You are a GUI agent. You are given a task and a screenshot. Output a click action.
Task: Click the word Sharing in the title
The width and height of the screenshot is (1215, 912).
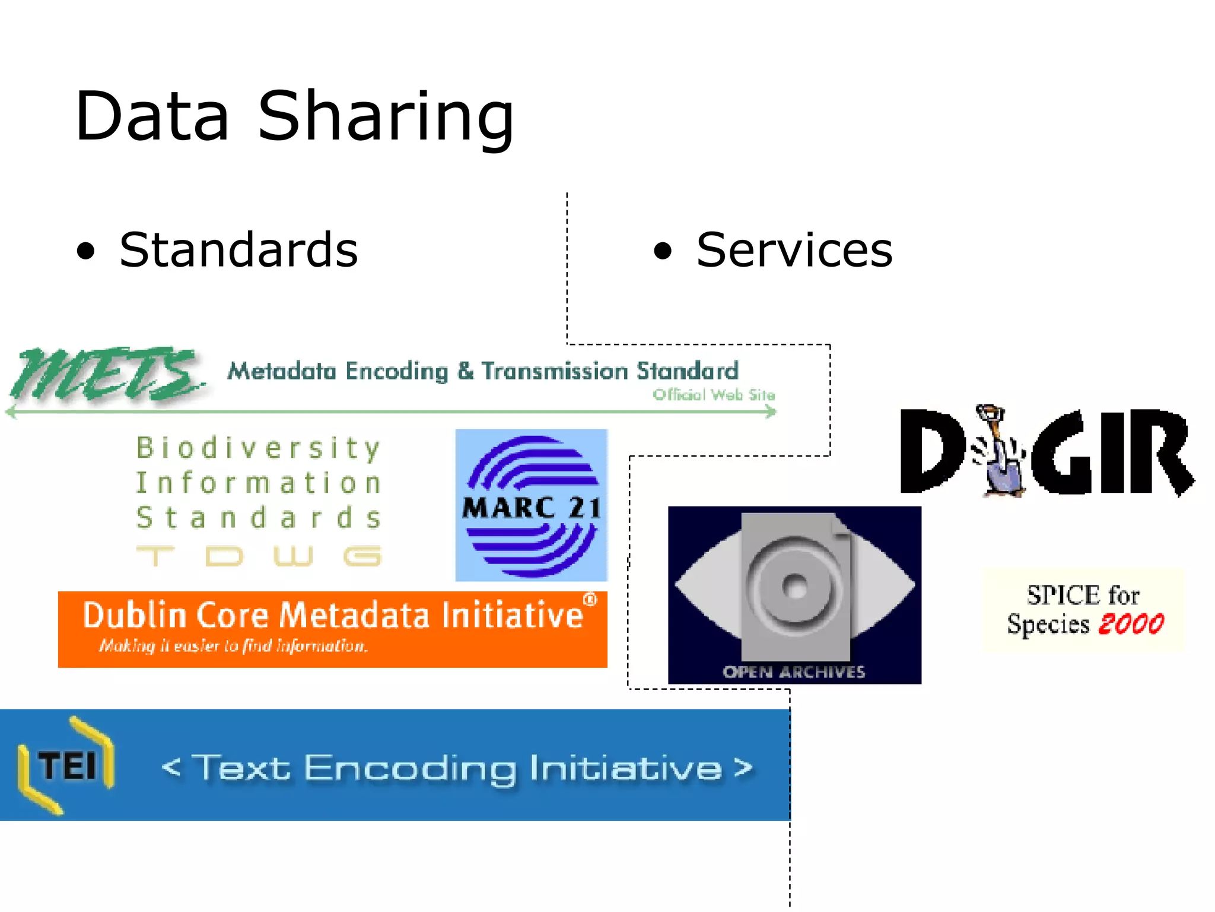pyautogui.click(x=386, y=118)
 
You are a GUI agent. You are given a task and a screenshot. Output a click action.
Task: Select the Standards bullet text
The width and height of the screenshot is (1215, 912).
pyautogui.click(x=238, y=250)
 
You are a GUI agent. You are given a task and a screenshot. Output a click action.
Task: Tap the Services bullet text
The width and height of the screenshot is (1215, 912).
pyautogui.click(x=794, y=250)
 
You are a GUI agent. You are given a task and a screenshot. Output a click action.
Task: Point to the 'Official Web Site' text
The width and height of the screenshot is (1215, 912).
pyautogui.click(x=714, y=395)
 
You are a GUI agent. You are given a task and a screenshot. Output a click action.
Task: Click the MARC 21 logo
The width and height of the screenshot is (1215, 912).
pyautogui.click(x=531, y=505)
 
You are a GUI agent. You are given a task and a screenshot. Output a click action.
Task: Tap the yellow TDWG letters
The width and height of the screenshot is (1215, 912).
pyautogui.click(x=259, y=556)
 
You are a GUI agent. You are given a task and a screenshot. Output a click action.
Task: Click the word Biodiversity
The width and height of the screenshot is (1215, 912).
pyautogui.click(x=259, y=448)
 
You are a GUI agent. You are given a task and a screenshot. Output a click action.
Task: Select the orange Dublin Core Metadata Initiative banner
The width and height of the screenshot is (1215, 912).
pyautogui.click(x=332, y=629)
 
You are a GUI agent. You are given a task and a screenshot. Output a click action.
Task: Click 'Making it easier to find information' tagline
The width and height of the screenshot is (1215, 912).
pyautogui.click(x=233, y=646)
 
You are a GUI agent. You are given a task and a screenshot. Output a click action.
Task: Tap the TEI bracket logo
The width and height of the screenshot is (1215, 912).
pyautogui.click(x=66, y=765)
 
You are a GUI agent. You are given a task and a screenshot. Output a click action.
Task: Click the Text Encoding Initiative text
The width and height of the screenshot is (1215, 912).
pyautogui.click(x=457, y=768)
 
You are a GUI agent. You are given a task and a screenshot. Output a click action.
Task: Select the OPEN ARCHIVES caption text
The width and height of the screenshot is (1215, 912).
pyautogui.click(x=794, y=672)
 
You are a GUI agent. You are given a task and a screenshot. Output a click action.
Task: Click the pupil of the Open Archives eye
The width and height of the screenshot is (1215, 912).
pyautogui.click(x=795, y=588)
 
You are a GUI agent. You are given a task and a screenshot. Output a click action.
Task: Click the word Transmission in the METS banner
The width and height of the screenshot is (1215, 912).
pyautogui.click(x=554, y=372)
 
